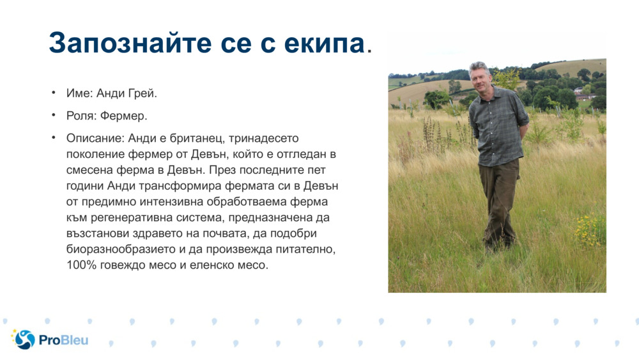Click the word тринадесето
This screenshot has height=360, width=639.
click(263, 138)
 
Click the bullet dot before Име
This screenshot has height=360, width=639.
click(54, 93)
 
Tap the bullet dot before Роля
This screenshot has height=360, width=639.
click(54, 116)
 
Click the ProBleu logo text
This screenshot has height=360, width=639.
click(63, 340)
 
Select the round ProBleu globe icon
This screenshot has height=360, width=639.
click(24, 340)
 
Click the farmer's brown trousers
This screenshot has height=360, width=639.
click(498, 198)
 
